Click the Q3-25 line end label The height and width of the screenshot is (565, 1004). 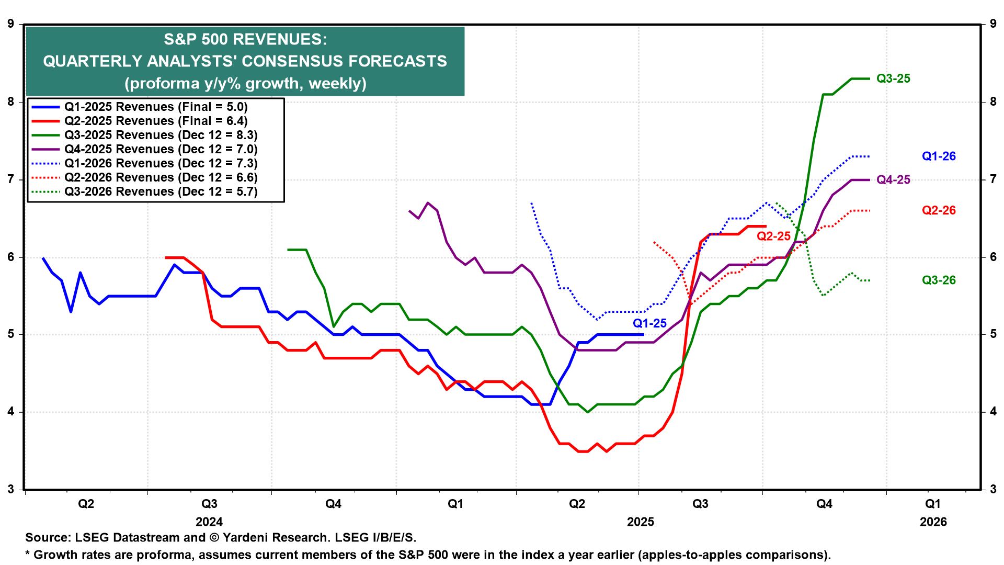point(893,78)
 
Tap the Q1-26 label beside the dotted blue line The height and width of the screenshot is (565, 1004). point(939,156)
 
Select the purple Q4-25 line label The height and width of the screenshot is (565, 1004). point(893,180)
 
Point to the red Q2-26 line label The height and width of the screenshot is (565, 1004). point(939,210)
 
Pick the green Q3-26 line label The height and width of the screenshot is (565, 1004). point(939,280)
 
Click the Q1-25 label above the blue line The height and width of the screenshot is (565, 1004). point(649,323)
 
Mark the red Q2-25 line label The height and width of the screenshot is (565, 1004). point(773,236)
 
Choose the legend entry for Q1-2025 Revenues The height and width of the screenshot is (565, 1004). point(156,107)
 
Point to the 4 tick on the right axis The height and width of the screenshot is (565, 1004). point(993,412)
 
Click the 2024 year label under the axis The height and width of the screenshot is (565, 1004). point(209,522)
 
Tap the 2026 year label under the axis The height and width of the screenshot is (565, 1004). point(933,522)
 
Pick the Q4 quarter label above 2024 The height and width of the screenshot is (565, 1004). point(333,504)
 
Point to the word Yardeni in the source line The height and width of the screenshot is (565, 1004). point(245,538)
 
